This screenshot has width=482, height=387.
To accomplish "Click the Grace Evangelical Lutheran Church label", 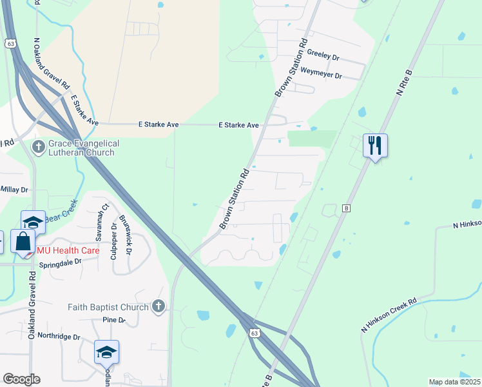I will point(84,148).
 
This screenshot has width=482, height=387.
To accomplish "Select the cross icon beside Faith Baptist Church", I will point(159,307).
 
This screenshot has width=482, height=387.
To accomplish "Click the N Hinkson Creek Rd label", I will point(390,316).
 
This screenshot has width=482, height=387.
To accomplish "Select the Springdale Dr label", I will point(61,263).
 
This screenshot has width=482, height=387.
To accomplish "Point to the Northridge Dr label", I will point(58,337).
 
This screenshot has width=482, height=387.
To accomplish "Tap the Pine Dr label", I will point(113,320).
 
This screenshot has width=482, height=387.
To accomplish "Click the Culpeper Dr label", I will point(113,239).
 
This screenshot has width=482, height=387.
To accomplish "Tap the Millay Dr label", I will point(14,190).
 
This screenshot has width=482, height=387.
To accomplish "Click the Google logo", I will point(21,379).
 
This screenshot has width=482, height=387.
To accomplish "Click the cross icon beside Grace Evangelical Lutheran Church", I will point(39,148).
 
